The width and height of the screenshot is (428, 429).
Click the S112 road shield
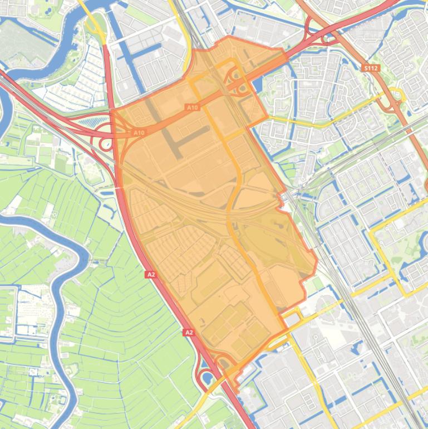[x=371, y=68]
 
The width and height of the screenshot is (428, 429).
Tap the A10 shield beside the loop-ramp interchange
[x=139, y=133]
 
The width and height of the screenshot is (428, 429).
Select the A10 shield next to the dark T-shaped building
[x=192, y=107]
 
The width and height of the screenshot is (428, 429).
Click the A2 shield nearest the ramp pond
[x=189, y=333]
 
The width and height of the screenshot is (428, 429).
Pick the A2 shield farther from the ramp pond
[x=151, y=274]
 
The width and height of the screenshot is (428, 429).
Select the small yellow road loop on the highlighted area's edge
[x=292, y=319]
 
